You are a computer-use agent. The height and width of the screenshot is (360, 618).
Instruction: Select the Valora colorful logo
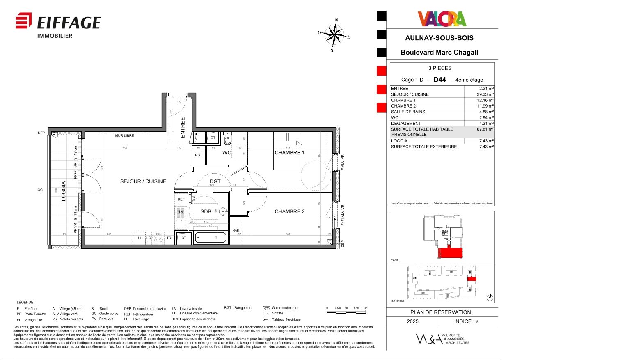(x=442, y=19)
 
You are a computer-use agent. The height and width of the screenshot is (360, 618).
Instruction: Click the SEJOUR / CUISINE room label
(x=143, y=181)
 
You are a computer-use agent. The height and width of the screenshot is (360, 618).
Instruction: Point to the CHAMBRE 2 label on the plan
(x=289, y=212)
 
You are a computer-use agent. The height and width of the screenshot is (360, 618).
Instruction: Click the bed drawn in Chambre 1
(x=288, y=151)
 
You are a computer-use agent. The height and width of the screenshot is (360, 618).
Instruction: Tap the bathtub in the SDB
(x=210, y=238)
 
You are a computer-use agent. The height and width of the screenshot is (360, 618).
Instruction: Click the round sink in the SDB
(x=223, y=212)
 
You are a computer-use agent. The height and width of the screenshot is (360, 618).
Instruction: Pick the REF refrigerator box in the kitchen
(x=181, y=199)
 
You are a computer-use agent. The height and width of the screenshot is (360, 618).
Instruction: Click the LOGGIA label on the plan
(x=64, y=191)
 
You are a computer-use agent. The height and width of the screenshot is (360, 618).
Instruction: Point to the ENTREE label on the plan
(x=183, y=127)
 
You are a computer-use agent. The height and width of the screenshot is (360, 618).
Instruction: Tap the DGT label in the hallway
(x=215, y=181)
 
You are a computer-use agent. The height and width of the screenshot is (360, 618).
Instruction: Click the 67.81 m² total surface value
(x=485, y=129)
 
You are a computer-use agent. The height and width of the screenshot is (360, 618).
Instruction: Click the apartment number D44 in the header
(x=439, y=80)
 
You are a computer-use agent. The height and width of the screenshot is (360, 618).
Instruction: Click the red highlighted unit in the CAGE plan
(x=450, y=253)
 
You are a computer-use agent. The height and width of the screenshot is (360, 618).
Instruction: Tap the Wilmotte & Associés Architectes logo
(x=442, y=339)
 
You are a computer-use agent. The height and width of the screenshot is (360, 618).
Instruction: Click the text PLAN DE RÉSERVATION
(x=441, y=312)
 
